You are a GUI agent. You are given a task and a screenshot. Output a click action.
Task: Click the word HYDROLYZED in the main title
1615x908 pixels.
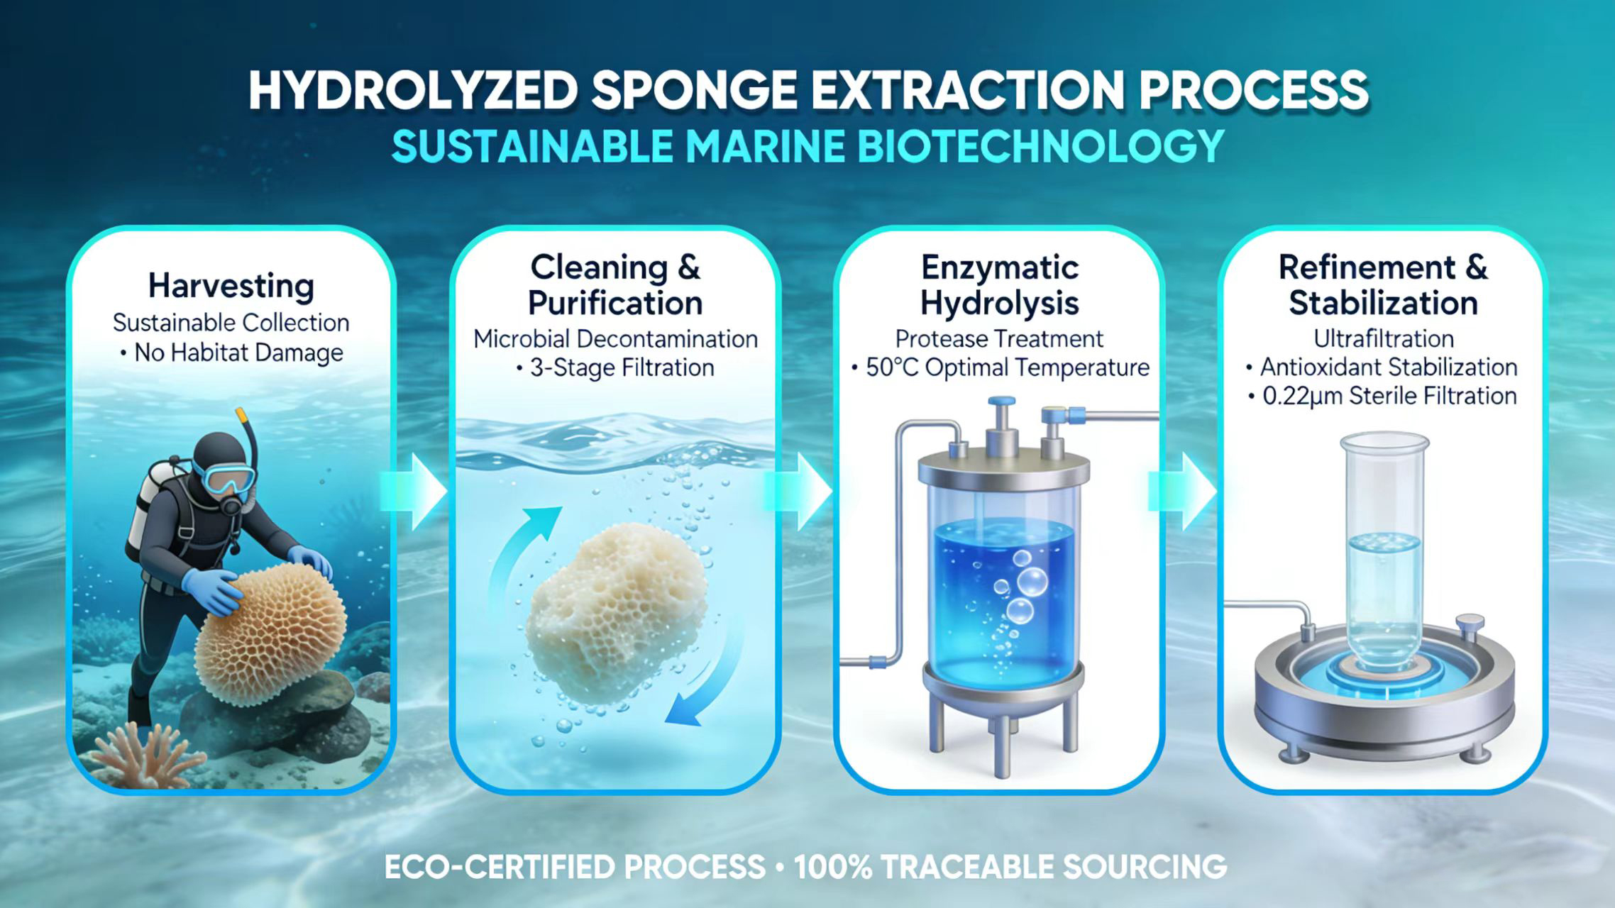412,91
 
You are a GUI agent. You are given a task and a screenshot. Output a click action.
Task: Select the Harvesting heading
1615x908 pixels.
231,286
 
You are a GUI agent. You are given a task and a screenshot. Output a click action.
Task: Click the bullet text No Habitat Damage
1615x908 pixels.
238,353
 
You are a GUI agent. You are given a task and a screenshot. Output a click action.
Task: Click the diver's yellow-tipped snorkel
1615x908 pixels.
246,433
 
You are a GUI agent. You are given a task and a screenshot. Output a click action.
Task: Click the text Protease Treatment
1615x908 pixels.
999,338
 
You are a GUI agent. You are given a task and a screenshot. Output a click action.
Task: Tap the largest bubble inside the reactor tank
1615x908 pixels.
1032,582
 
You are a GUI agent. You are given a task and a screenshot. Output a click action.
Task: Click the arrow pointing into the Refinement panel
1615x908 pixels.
1184,492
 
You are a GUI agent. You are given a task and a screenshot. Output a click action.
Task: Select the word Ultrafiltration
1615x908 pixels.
1384,338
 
